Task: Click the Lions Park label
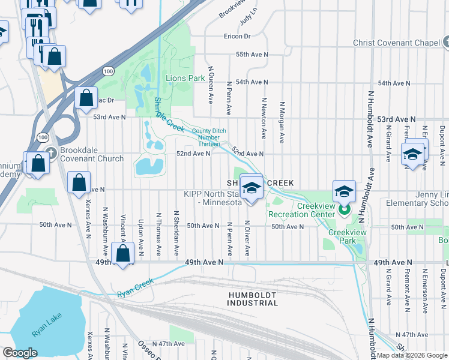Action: pyautogui.click(x=185, y=78)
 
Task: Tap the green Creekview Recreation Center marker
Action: pyautogui.click(x=345, y=210)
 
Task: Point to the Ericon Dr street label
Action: pyautogui.click(x=237, y=36)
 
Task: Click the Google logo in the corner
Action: pyautogui.click(x=20, y=353)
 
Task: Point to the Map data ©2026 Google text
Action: pyautogui.click(x=412, y=355)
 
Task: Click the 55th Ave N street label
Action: pyautogui.click(x=251, y=54)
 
